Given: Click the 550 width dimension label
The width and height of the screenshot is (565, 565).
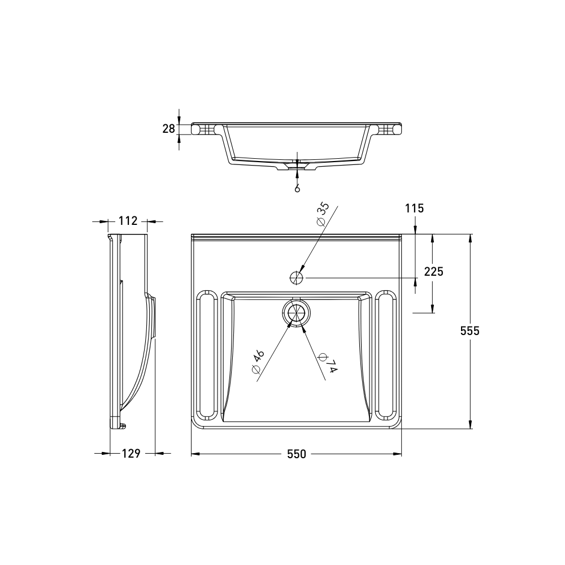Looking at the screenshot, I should (297, 454).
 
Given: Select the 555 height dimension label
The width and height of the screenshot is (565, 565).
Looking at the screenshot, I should (470, 331).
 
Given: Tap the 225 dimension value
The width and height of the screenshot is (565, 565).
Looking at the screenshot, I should (433, 272).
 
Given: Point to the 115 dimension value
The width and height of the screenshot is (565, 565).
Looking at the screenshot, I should (414, 208).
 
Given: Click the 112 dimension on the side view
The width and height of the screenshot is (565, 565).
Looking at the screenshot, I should (128, 221).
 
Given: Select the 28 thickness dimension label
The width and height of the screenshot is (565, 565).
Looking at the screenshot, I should (169, 129).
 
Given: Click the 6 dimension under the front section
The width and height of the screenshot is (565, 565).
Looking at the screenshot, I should (297, 188).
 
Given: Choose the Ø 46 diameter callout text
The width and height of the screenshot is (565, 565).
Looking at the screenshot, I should (258, 362).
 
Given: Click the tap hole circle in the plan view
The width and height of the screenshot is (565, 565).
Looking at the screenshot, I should (296, 277).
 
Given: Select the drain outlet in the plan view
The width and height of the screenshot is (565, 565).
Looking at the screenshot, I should (296, 313).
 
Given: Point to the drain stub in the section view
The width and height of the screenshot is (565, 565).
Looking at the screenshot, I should (297, 166).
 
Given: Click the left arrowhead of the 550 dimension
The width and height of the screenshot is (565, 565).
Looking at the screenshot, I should (194, 454).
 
